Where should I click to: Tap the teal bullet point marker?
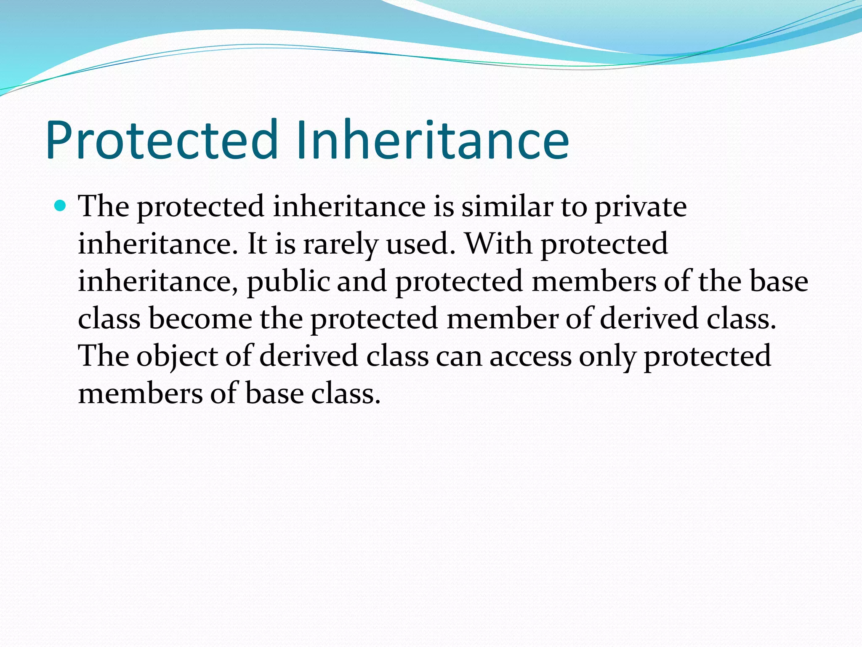coord(61,206)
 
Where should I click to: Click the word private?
coord(640,208)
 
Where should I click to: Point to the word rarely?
coord(340,245)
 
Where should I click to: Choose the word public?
coord(288,282)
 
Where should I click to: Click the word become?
coord(200,319)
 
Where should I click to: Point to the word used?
coord(421,244)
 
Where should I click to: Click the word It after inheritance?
coord(257,244)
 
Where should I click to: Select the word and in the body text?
coord(362,281)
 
